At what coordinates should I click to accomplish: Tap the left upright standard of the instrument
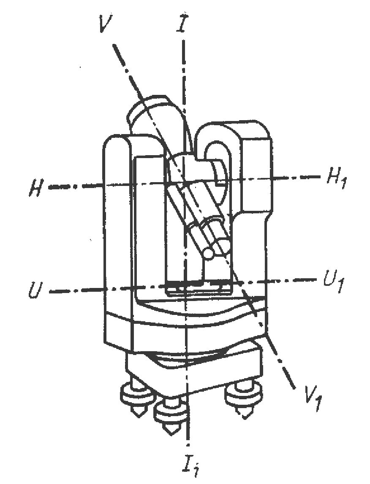click(x=118, y=236)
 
